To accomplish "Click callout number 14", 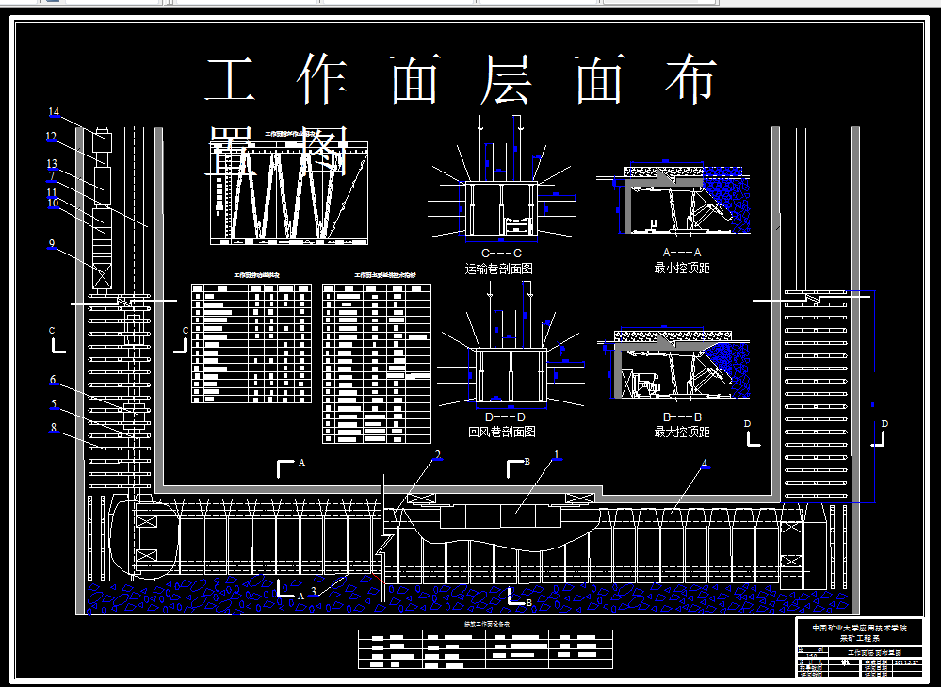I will click(54, 113).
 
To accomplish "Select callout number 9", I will click(52, 244).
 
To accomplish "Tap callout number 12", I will click(51, 137).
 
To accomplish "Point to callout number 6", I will click(53, 380).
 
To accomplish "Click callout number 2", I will click(437, 455).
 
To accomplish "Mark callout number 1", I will click(557, 455).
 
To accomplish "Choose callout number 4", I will click(704, 463).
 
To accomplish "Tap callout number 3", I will click(314, 590).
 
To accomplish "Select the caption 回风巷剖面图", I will click(501, 432).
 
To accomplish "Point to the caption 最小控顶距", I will click(682, 269).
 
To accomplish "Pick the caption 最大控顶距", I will click(682, 432).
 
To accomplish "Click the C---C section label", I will click(501, 254).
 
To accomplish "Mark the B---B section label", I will click(682, 417).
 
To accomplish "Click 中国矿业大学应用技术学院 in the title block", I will click(852, 627).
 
